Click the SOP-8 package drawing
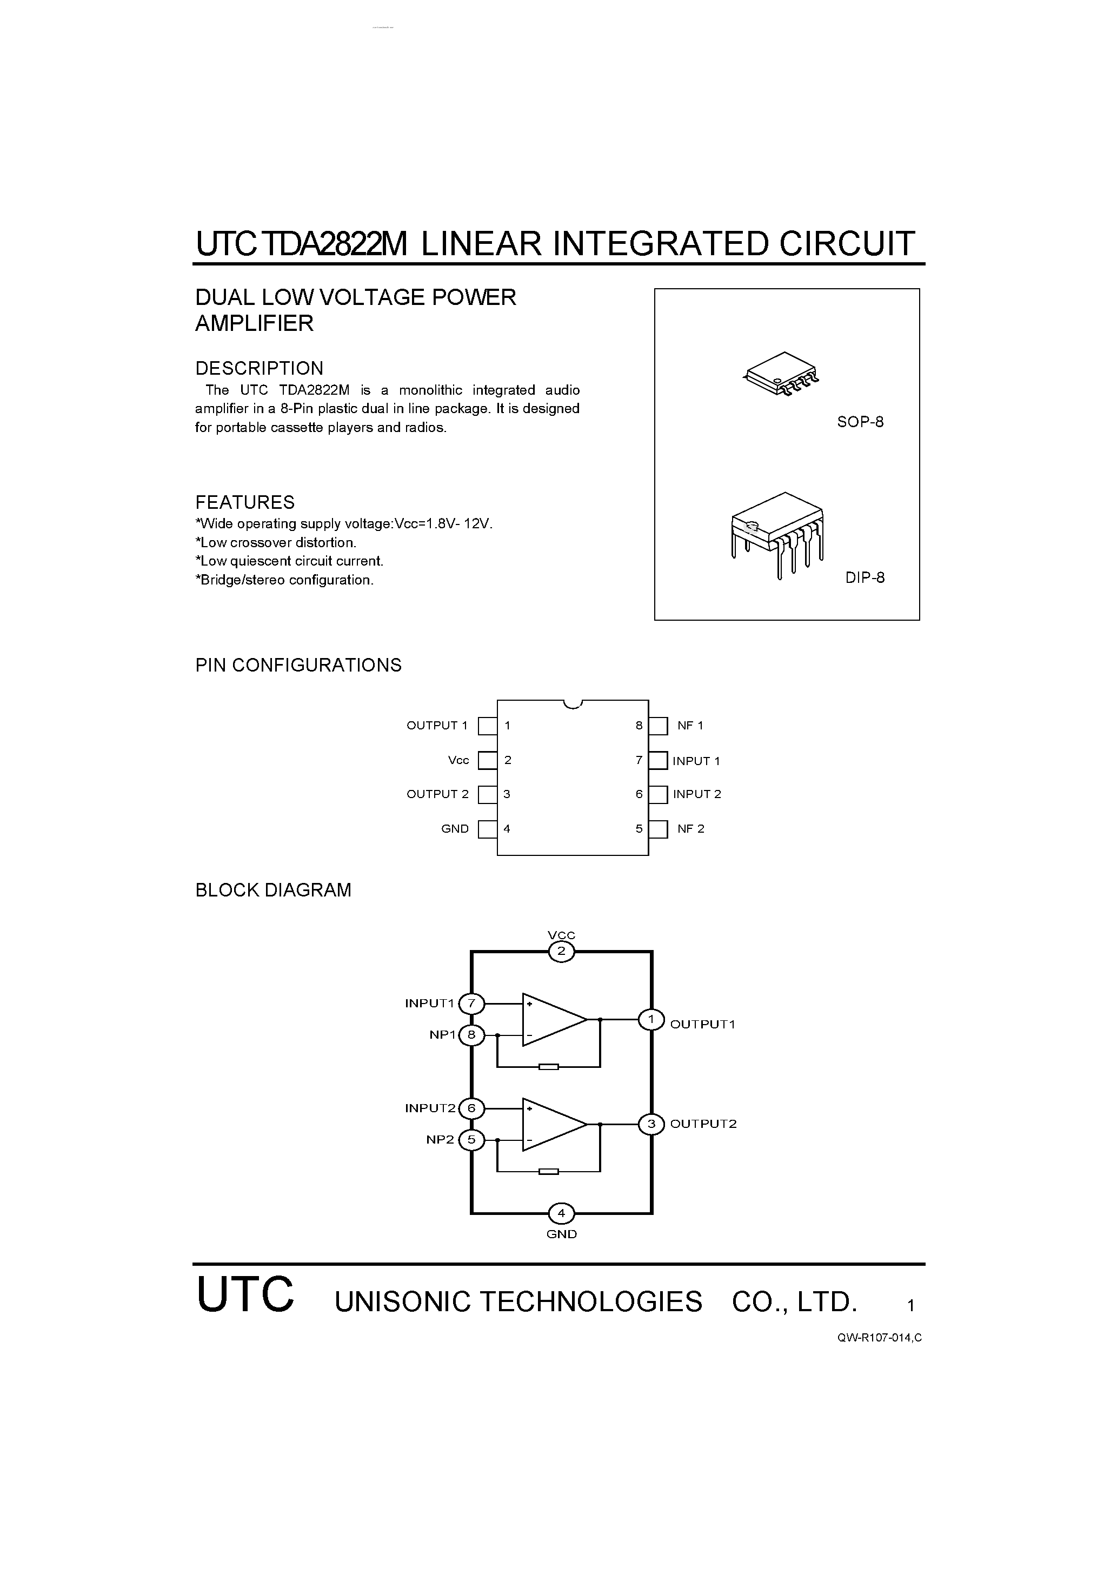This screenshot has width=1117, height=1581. coord(780,374)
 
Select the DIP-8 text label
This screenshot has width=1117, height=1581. coord(865,577)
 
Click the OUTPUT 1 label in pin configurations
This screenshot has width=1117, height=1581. coord(437,725)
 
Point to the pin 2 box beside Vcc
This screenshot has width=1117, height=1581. coord(488,760)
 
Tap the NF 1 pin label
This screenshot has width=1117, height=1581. coord(690,725)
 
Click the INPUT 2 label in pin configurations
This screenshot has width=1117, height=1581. coord(697,794)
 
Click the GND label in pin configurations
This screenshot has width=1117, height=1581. coord(455,829)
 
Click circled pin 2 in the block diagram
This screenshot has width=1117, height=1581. coord(561,952)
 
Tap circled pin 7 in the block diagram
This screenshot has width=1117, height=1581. coord(472,1004)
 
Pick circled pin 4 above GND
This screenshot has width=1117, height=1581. coord(561,1213)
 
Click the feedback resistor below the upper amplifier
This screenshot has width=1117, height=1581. coord(549,1067)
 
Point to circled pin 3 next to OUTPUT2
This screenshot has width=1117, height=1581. coord(651,1124)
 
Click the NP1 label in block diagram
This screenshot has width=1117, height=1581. coord(443,1034)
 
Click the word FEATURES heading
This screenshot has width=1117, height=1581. coord(244,502)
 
